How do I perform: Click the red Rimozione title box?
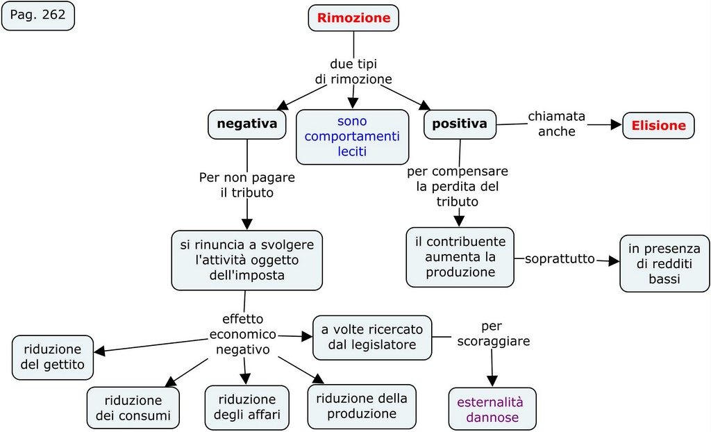(x=353, y=18)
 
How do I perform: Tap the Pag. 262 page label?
(x=37, y=15)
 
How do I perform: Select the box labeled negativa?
(x=246, y=124)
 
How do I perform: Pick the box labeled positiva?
(x=460, y=124)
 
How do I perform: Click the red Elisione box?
(x=658, y=126)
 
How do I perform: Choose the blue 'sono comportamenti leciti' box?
(x=352, y=136)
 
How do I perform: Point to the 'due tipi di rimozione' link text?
(x=353, y=72)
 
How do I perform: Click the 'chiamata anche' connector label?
(x=556, y=123)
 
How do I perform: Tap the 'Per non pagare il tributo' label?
(x=246, y=185)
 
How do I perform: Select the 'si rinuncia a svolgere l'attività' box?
(x=246, y=260)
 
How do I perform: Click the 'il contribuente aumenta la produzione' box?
(x=460, y=257)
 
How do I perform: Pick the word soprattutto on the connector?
(x=560, y=259)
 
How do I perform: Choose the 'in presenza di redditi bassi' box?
(x=664, y=263)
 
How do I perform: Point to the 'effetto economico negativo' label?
(x=243, y=334)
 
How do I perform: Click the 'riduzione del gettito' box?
(x=53, y=357)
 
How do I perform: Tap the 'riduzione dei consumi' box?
(x=133, y=408)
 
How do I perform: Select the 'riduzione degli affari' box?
(x=246, y=408)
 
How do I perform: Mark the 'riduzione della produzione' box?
(x=361, y=406)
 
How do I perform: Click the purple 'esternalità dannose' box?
(x=492, y=409)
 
